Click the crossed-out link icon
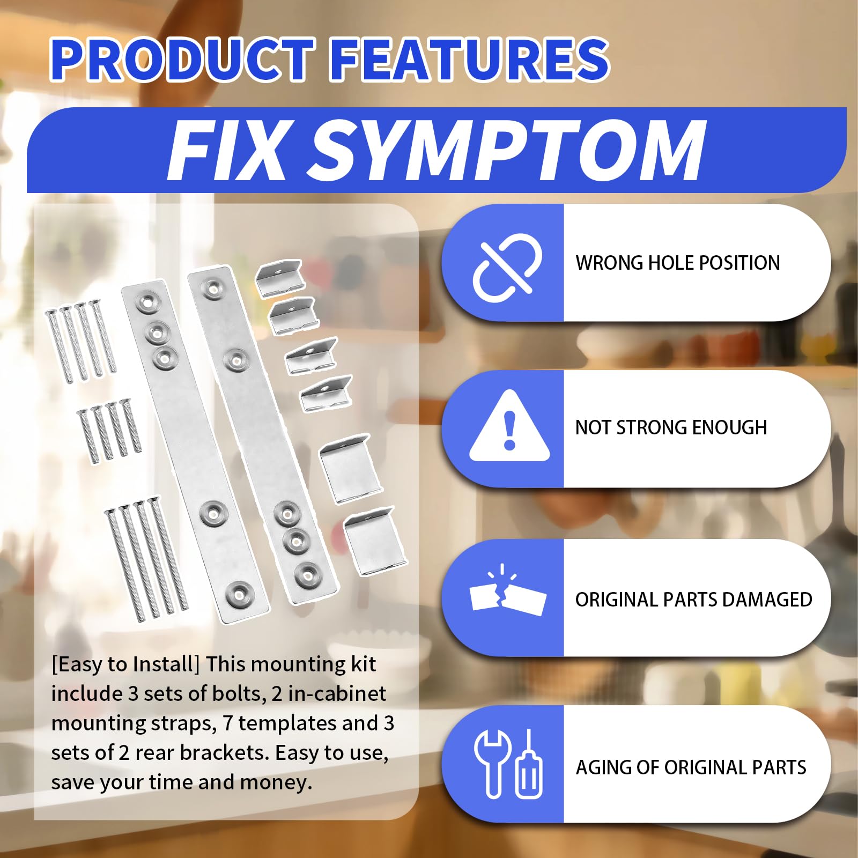click(x=507, y=264)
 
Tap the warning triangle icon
click(x=509, y=426)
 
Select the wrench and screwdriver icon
click(x=507, y=764)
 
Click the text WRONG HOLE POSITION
click(x=677, y=263)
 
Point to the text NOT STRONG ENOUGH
click(x=671, y=427)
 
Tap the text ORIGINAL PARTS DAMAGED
click(x=693, y=600)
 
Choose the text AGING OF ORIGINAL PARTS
click(x=691, y=767)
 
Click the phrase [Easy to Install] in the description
click(x=125, y=665)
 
